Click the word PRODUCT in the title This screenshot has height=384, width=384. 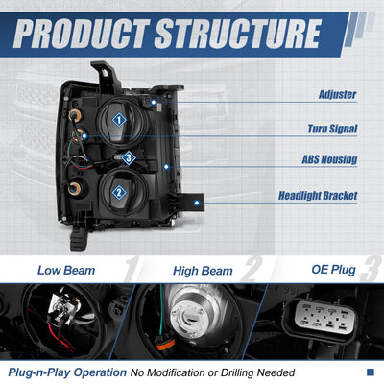click(x=82, y=34)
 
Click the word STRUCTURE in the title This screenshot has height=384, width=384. click(x=238, y=34)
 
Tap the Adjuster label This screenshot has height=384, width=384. click(x=337, y=95)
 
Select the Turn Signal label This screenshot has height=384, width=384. click(x=332, y=129)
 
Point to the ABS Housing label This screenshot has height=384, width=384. click(x=329, y=159)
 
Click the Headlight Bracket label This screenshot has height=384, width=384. click(x=318, y=196)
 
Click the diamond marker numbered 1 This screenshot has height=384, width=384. click(x=119, y=120)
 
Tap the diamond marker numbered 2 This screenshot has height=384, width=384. click(x=119, y=192)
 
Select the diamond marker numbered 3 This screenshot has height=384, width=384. click(x=129, y=158)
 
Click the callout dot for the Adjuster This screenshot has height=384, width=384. click(x=154, y=103)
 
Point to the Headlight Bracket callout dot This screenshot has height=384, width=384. click(x=197, y=203)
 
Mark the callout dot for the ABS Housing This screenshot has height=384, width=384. click(x=166, y=166)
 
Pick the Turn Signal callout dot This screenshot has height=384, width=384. click(x=84, y=136)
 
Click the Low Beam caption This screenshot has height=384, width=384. click(x=66, y=271)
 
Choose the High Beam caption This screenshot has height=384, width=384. click(x=203, y=271)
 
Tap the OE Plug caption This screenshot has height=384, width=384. click(x=333, y=270)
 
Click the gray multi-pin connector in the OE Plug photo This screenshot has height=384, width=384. click(x=324, y=318)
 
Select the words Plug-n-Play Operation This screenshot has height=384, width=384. click(x=67, y=372)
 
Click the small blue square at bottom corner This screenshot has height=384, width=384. click(x=370, y=372)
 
